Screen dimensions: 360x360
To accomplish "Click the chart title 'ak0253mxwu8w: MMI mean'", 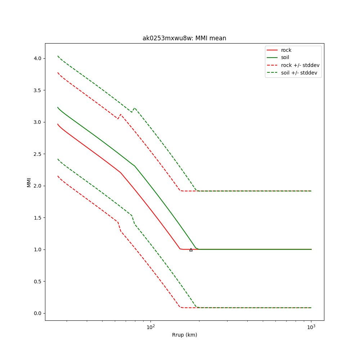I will click(184, 38).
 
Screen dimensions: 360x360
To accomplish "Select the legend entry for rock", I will click(286, 50).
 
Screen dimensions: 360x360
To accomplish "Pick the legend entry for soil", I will click(285, 57).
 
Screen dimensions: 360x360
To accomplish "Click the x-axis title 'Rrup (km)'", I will click(184, 335).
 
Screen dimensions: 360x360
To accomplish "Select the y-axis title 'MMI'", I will click(29, 182).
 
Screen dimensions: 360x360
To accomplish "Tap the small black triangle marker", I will click(191, 249).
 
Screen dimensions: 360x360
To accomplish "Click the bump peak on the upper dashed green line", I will click(135, 108).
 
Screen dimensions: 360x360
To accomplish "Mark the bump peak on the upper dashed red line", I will click(121, 114).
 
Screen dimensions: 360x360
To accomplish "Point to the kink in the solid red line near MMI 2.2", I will click(121, 173).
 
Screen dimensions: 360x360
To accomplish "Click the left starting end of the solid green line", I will click(58, 107).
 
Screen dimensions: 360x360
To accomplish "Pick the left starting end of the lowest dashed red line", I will click(58, 176).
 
